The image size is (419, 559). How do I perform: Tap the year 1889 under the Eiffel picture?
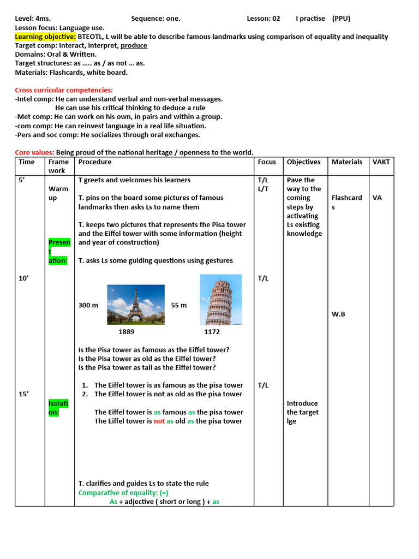126,331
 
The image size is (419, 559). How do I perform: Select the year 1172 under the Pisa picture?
212,331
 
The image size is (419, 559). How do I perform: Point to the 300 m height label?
88,305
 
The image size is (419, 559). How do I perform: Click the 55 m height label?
179,305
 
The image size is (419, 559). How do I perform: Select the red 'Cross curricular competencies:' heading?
64,90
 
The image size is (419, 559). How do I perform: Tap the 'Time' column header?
27,162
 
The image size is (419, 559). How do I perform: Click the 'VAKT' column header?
381,162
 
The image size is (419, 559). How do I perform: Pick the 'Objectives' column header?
303,162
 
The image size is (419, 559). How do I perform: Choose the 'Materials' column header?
346,162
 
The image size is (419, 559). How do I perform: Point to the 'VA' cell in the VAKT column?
377,198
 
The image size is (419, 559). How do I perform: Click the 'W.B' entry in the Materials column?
338,314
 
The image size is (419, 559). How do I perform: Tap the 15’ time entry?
23,394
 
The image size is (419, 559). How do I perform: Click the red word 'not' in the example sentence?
159,421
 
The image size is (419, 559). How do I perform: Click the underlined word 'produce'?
134,45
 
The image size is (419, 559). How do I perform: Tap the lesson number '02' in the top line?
276,19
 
